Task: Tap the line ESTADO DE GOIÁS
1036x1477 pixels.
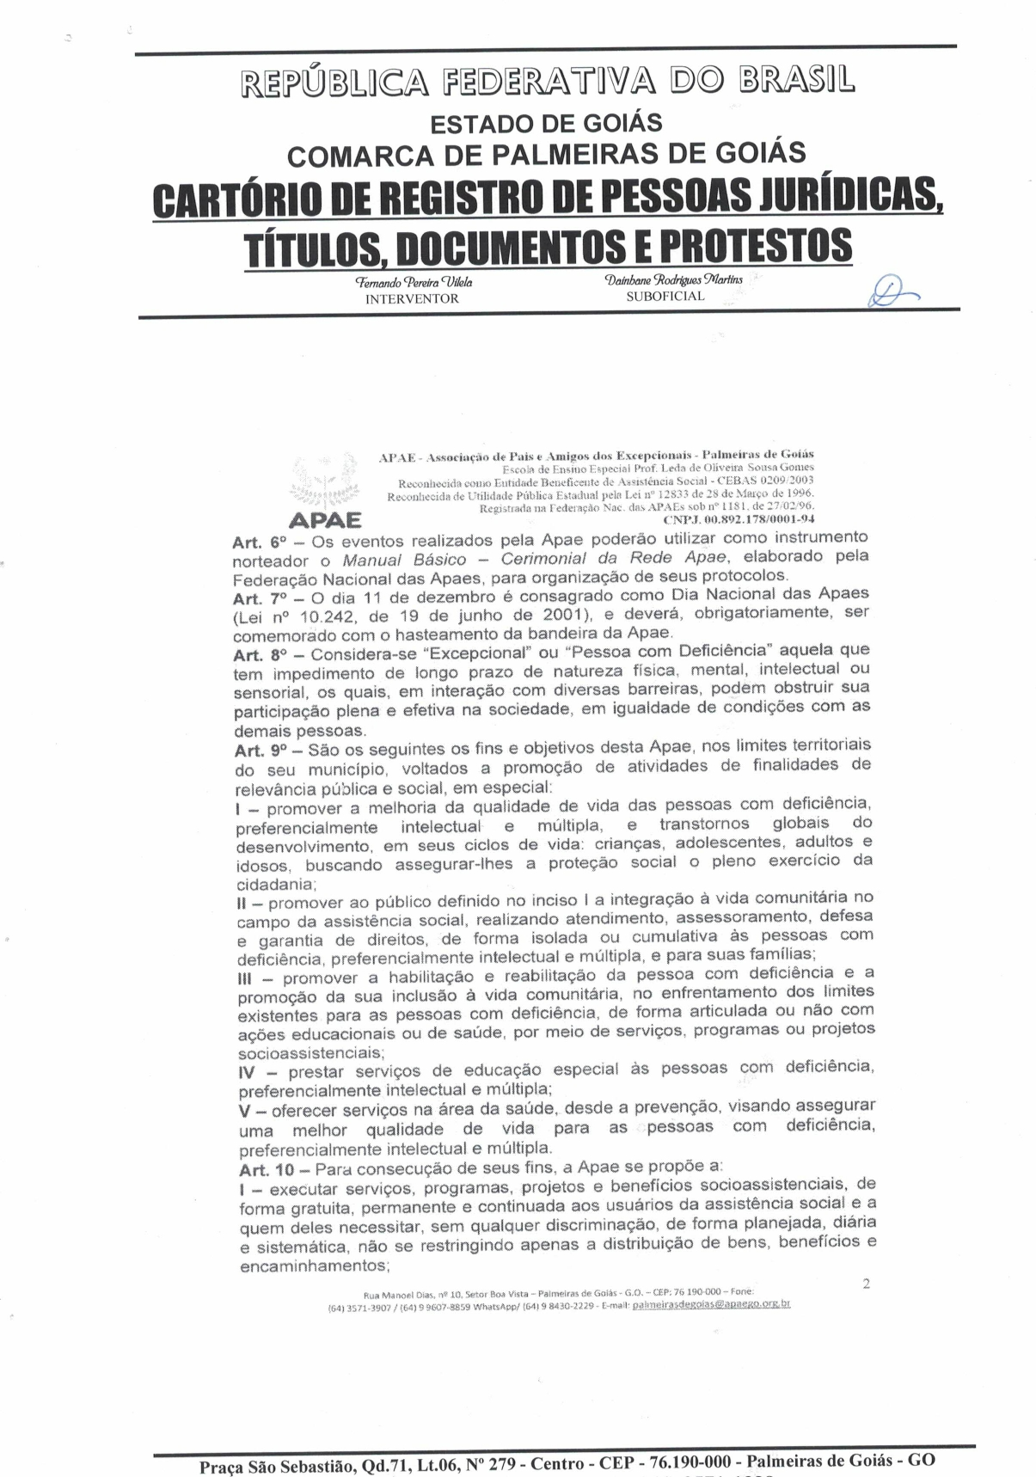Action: pos(546,124)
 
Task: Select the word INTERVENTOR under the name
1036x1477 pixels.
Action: pos(413,299)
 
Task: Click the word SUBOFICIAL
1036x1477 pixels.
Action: pos(665,297)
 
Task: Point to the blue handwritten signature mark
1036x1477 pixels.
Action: pos(892,293)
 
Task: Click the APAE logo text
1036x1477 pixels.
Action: pos(326,520)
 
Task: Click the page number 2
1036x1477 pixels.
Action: pos(866,1284)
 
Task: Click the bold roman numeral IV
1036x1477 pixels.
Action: pos(248,1073)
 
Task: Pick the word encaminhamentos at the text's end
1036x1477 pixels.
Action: pos(313,1266)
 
